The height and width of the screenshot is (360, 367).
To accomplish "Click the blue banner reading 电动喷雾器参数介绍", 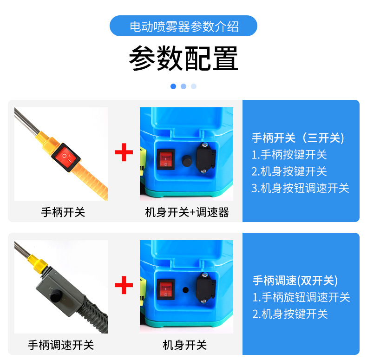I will click(183, 26).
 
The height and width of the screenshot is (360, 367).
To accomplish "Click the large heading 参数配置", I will click(183, 59).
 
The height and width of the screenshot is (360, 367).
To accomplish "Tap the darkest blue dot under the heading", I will click(173, 86).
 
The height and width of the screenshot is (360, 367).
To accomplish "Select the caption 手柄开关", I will click(63, 212).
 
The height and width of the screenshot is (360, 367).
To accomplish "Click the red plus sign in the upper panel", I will click(124, 153).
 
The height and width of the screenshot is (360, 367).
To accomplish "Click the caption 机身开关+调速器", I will click(187, 212).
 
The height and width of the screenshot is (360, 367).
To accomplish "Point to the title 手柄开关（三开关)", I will click(298, 138).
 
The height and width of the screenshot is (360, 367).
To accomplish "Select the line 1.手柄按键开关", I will click(289, 155).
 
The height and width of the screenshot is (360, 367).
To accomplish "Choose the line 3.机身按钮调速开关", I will click(300, 188).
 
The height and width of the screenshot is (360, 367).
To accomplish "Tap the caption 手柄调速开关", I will click(61, 345).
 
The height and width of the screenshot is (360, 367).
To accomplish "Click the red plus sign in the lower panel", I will click(124, 285).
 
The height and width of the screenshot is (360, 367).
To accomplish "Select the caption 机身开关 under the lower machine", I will click(184, 345).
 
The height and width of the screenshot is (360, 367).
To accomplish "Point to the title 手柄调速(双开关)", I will click(295, 281).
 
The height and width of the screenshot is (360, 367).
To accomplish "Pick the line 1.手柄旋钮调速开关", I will click(301, 297).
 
